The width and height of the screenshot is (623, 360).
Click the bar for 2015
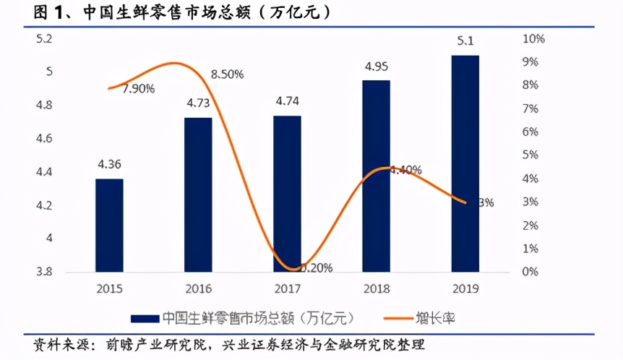tap(109, 226)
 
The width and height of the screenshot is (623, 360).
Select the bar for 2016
tap(198, 194)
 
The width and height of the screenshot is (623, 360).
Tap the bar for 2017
tap(287, 194)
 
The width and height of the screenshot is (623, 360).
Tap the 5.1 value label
tap(465, 41)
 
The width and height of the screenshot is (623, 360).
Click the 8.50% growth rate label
tap(227, 74)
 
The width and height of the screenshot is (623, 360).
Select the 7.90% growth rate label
tap(138, 89)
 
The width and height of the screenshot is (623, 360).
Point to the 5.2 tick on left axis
tap(44, 38)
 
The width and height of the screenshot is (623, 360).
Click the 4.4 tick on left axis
tap(44, 172)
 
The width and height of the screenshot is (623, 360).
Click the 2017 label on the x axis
tap(287, 288)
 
